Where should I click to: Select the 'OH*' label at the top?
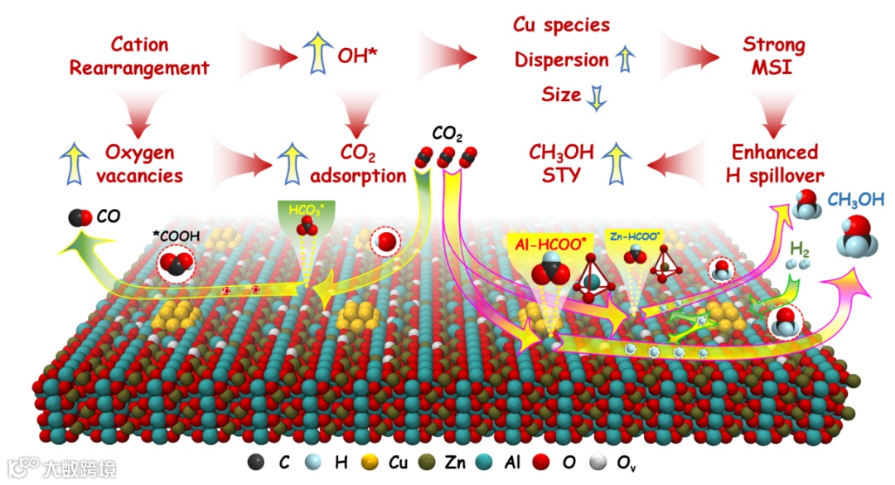click(358, 57)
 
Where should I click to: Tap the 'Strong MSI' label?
click(773, 55)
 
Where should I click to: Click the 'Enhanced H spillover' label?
click(775, 163)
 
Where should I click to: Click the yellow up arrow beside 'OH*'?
click(315, 57)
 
